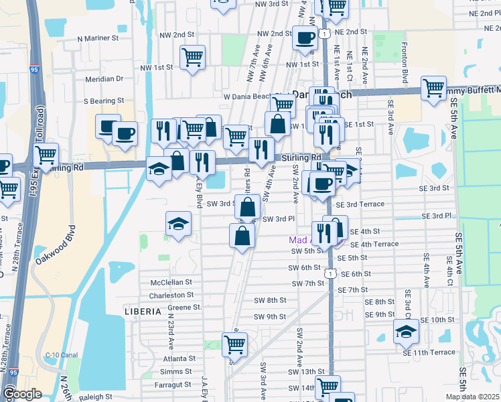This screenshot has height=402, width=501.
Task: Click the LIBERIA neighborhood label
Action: click(x=143, y=312)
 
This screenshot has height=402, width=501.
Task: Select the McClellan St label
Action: click(x=171, y=283)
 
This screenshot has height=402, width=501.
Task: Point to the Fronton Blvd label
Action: click(x=405, y=57)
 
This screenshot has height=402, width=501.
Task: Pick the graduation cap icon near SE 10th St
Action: click(x=405, y=331)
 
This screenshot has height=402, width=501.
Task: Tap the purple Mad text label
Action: click(x=299, y=239)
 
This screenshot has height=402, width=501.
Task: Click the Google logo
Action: click(x=22, y=394)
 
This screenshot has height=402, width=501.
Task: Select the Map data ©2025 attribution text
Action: click(x=472, y=397)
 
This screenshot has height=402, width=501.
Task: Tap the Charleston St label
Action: click(x=171, y=295)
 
